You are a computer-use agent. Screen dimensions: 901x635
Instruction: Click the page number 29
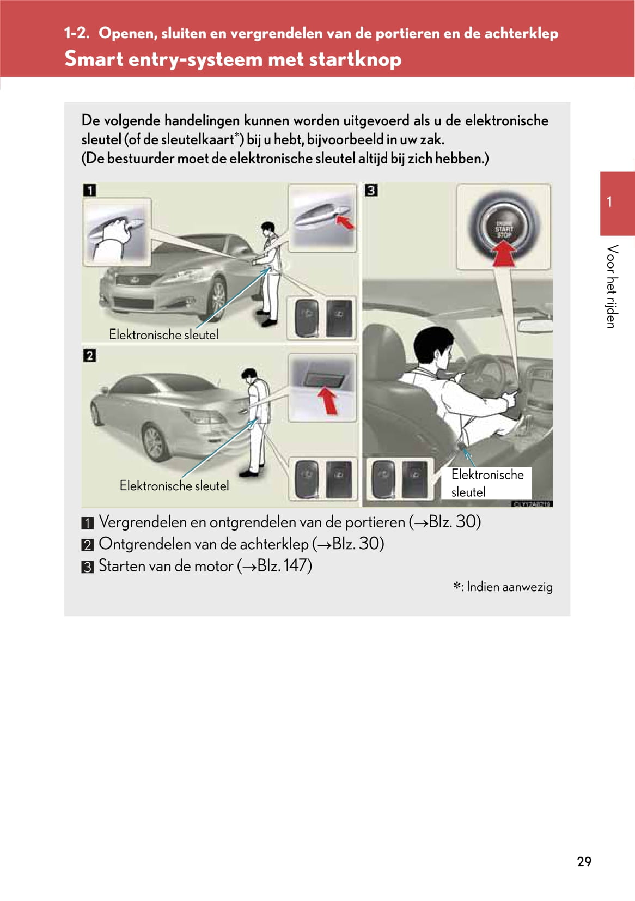(x=584, y=861)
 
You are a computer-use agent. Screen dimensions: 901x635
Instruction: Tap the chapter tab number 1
(x=609, y=202)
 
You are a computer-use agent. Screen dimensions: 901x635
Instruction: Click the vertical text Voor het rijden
(x=612, y=287)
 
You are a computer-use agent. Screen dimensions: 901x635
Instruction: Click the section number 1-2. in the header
(x=76, y=33)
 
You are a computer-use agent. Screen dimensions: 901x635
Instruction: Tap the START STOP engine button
(x=503, y=228)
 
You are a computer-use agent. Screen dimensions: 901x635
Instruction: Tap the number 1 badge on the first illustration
(x=89, y=190)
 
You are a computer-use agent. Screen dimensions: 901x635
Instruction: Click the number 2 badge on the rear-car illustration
(x=89, y=355)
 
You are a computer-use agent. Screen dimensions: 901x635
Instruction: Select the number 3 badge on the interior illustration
(x=371, y=190)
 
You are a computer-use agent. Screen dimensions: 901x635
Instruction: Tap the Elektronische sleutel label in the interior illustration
(x=486, y=483)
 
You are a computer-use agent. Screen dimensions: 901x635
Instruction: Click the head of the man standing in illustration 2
(x=249, y=375)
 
